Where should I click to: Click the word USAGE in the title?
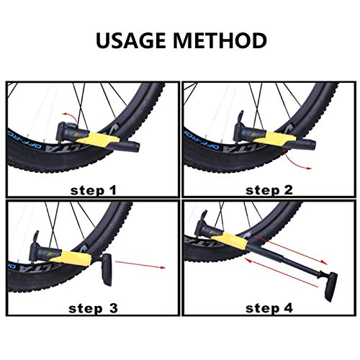click(x=134, y=40)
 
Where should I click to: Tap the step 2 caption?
click(x=269, y=190)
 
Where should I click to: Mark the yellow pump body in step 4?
click(x=228, y=240)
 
